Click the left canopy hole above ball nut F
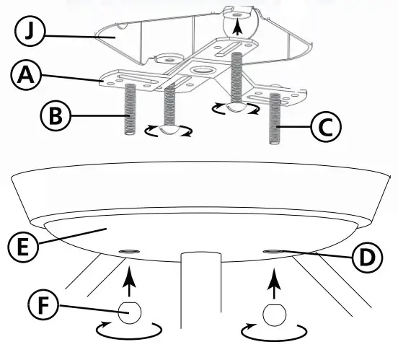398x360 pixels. [x=128, y=250]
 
